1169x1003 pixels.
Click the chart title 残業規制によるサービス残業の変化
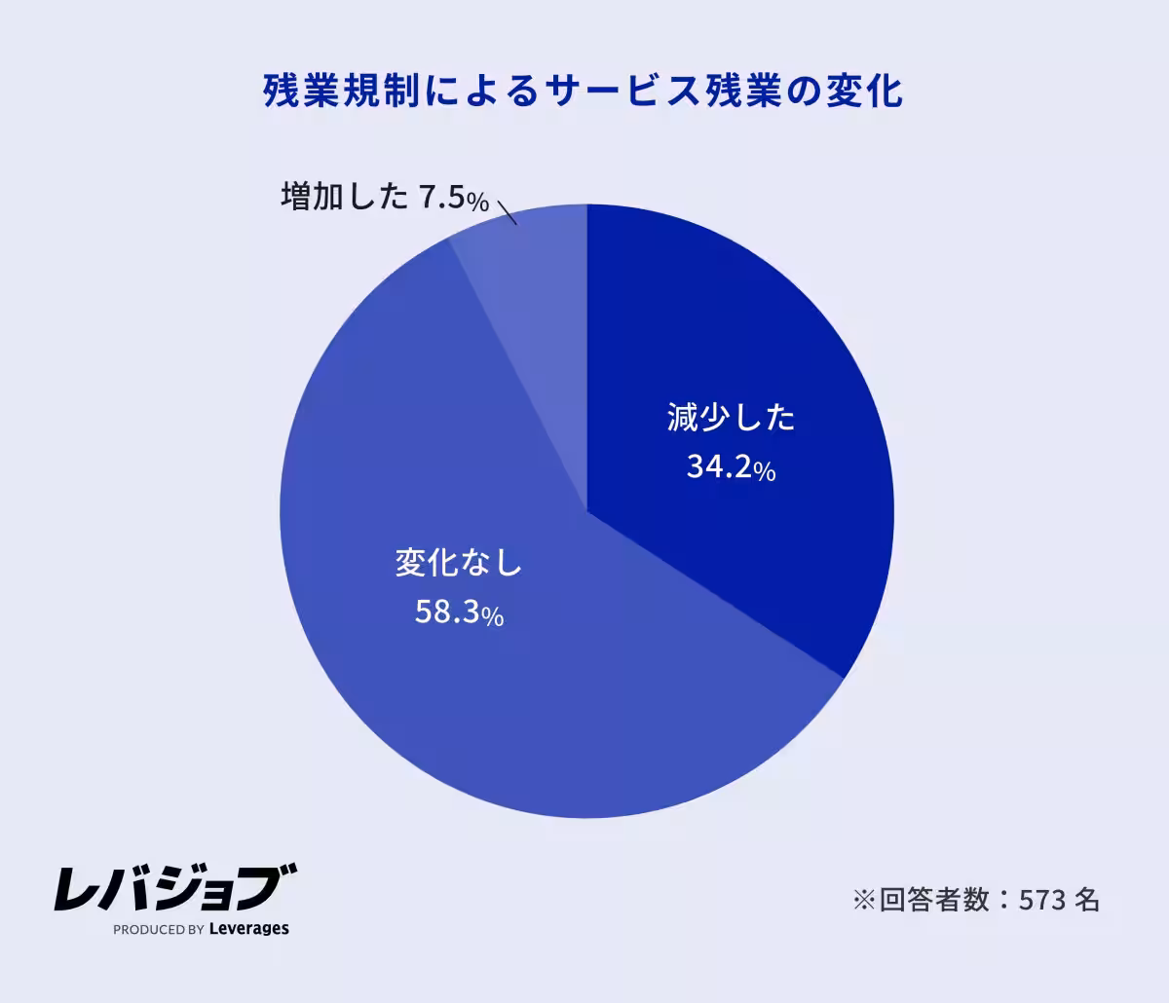tap(584, 92)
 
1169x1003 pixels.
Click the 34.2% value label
tap(731, 469)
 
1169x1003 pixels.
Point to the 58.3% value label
tap(459, 613)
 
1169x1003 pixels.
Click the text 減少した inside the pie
tap(731, 419)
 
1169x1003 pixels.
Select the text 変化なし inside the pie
tap(459, 563)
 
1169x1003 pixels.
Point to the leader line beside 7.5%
tap(507, 212)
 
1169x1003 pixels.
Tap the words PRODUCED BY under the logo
tap(158, 930)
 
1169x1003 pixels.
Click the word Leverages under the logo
tap(249, 929)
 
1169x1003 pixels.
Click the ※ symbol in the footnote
tap(864, 900)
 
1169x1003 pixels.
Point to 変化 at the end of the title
tap(866, 92)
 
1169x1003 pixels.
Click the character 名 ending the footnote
tap(1087, 900)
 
